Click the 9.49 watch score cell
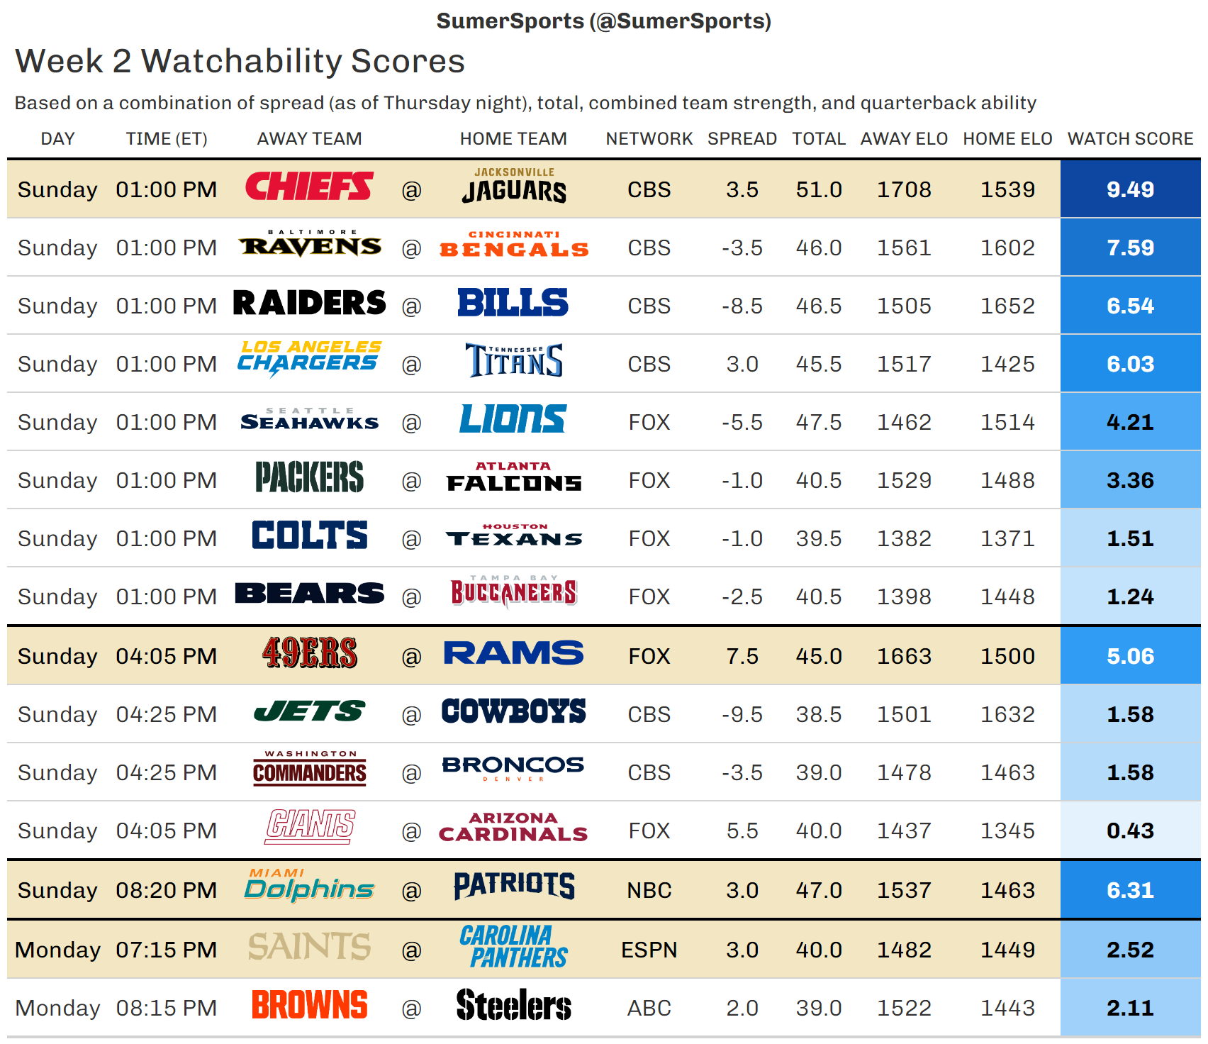pyautogui.click(x=1130, y=189)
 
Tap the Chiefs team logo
pyautogui.click(x=309, y=187)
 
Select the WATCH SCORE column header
pyautogui.click(x=1130, y=138)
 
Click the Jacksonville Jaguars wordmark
pyautogui.click(x=514, y=187)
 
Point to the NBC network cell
pyautogui.click(x=649, y=890)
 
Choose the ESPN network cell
pyautogui.click(x=649, y=950)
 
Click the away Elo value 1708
pyautogui.click(x=904, y=189)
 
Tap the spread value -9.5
pyautogui.click(x=742, y=714)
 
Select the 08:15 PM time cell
pyautogui.click(x=167, y=1008)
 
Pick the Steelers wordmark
pyautogui.click(x=514, y=1005)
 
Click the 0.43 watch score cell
pyautogui.click(x=1130, y=831)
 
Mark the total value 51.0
pyautogui.click(x=819, y=189)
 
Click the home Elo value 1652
pyautogui.click(x=1007, y=306)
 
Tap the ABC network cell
pyautogui.click(x=649, y=1008)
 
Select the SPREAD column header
pyautogui.click(x=742, y=138)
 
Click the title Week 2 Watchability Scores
pyautogui.click(x=240, y=61)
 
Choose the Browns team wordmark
pyautogui.click(x=309, y=1005)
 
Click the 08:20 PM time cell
pyautogui.click(x=167, y=890)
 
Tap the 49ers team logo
pyautogui.click(x=309, y=653)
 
